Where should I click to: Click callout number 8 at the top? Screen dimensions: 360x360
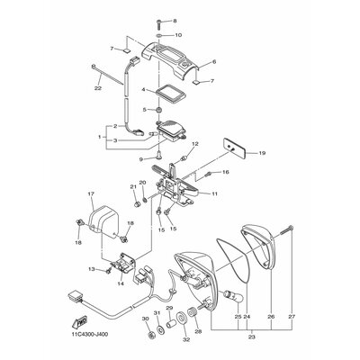coord(175,20)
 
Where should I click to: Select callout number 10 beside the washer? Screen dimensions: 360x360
coord(177,34)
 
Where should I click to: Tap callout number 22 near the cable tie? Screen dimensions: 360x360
coord(98,87)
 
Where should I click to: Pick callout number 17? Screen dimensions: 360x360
coord(91,194)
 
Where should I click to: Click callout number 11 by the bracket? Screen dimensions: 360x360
coord(215,193)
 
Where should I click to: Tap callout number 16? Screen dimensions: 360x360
coord(227,171)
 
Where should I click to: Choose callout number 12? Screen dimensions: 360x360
coord(194,145)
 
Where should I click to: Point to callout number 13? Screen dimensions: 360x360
coord(91,268)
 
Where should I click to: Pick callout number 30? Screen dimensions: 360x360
coord(144,318)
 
